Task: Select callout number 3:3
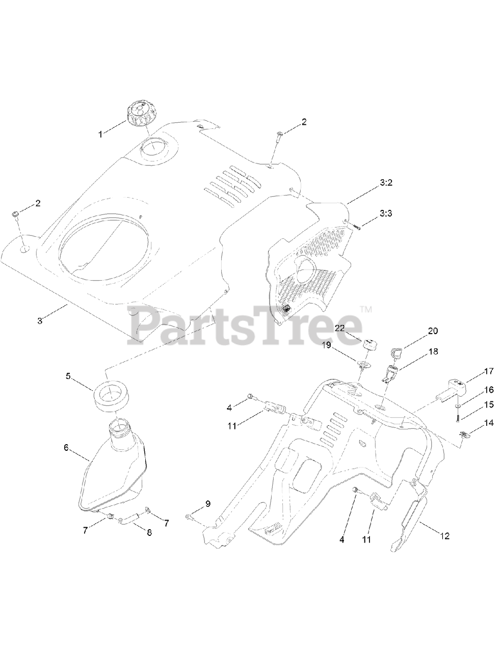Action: (386, 214)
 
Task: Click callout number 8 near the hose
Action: (149, 533)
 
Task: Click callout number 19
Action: (340, 345)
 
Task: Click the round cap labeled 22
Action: (368, 344)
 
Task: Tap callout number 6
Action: (66, 448)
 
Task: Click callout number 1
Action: (100, 134)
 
